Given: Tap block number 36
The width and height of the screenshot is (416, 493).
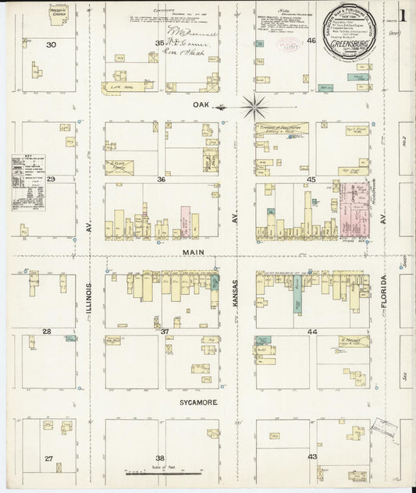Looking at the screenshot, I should [162, 179].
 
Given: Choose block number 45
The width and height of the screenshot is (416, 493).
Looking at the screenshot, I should [310, 179].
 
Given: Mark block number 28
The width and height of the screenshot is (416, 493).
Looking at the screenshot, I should [47, 332].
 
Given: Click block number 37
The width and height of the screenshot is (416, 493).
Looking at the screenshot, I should [164, 332].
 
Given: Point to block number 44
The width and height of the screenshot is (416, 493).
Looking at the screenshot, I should [312, 332].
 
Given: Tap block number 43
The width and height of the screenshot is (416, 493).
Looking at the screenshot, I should [312, 456].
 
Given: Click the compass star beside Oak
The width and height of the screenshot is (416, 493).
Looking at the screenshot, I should [254, 105].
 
